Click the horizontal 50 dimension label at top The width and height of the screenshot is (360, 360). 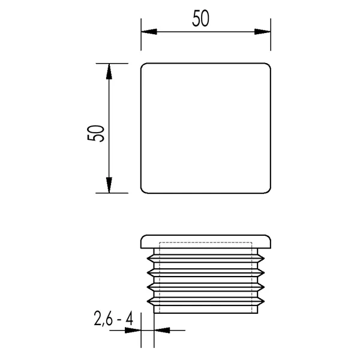click(x=200, y=19)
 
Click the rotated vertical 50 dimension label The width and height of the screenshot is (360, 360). click(x=96, y=133)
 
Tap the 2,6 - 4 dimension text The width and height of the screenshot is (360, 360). click(x=113, y=318)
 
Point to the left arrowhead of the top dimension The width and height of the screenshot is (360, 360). click(x=149, y=32)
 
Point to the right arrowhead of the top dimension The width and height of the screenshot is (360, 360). click(x=263, y=32)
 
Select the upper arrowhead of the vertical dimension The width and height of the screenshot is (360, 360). click(x=109, y=71)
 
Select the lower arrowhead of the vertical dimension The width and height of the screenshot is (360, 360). click(x=109, y=185)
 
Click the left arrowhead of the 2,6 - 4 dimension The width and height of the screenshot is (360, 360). click(x=133, y=331)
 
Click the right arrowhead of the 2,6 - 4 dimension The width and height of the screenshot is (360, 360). click(x=162, y=331)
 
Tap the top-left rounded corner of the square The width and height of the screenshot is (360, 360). click(x=143, y=65)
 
